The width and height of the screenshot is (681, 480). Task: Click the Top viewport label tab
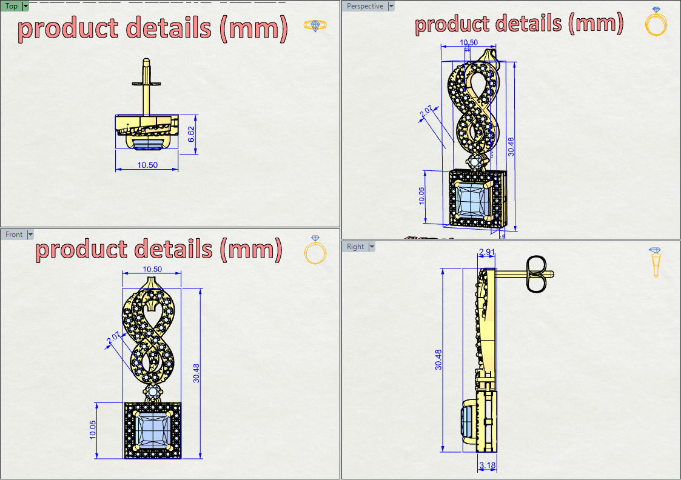pos(12,7)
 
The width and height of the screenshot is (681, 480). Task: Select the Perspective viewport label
pos(365,6)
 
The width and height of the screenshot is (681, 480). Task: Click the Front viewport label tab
pos(14,235)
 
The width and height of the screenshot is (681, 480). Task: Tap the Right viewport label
pos(356,247)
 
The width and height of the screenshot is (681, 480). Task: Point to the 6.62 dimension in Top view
pos(192,135)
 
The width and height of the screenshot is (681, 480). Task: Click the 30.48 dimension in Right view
pos(438,360)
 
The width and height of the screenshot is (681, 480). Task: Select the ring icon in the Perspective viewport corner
pos(656,23)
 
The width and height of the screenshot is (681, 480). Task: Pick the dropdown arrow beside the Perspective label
pos(391,6)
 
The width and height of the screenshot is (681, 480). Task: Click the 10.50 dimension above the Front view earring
pos(152,269)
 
